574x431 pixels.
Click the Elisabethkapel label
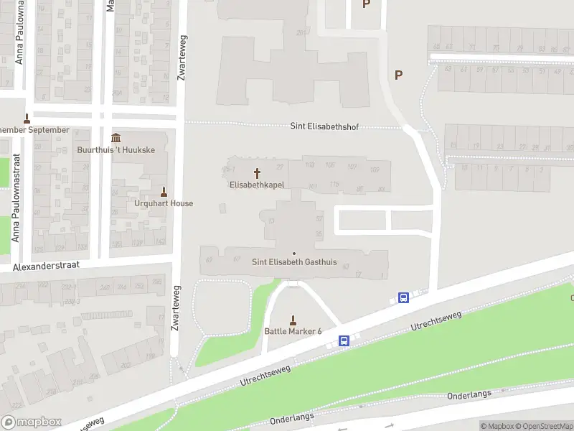click(x=257, y=185)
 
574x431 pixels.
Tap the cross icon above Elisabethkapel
click(x=257, y=173)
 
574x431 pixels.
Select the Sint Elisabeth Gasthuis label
click(x=294, y=262)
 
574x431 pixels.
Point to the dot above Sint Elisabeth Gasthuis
click(x=294, y=253)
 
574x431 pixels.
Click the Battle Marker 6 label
click(x=293, y=330)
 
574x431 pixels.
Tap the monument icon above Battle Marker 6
click(x=293, y=320)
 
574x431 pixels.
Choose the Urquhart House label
click(x=164, y=203)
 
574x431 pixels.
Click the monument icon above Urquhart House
click(x=164, y=192)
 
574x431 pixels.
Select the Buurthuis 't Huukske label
click(x=115, y=150)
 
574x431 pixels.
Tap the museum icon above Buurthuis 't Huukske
click(x=116, y=139)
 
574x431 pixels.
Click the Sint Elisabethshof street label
click(x=324, y=126)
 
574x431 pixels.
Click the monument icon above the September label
click(x=27, y=119)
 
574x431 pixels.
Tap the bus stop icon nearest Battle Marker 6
click(x=344, y=340)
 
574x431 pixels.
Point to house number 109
click(x=375, y=169)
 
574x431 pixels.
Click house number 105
click(x=330, y=166)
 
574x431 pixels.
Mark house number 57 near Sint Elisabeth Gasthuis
click(x=319, y=218)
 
